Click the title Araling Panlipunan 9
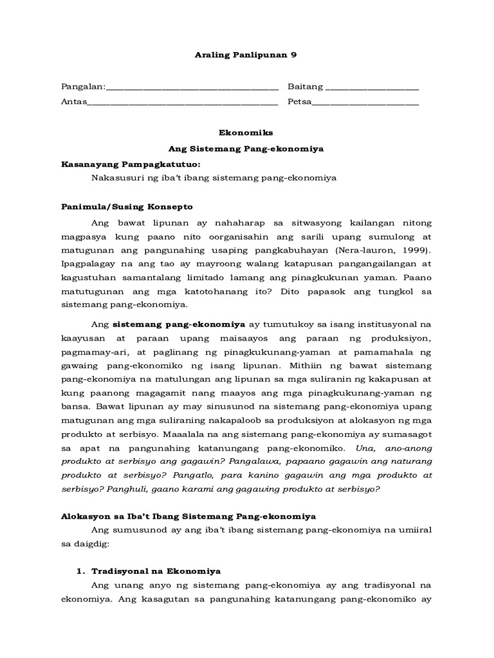(x=247, y=55)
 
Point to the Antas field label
(x=73, y=102)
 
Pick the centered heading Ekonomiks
(x=247, y=133)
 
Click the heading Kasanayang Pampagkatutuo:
(x=126, y=164)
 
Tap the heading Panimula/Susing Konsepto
(x=127, y=207)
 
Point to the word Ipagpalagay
(x=89, y=264)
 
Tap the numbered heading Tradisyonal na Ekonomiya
(x=156, y=571)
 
